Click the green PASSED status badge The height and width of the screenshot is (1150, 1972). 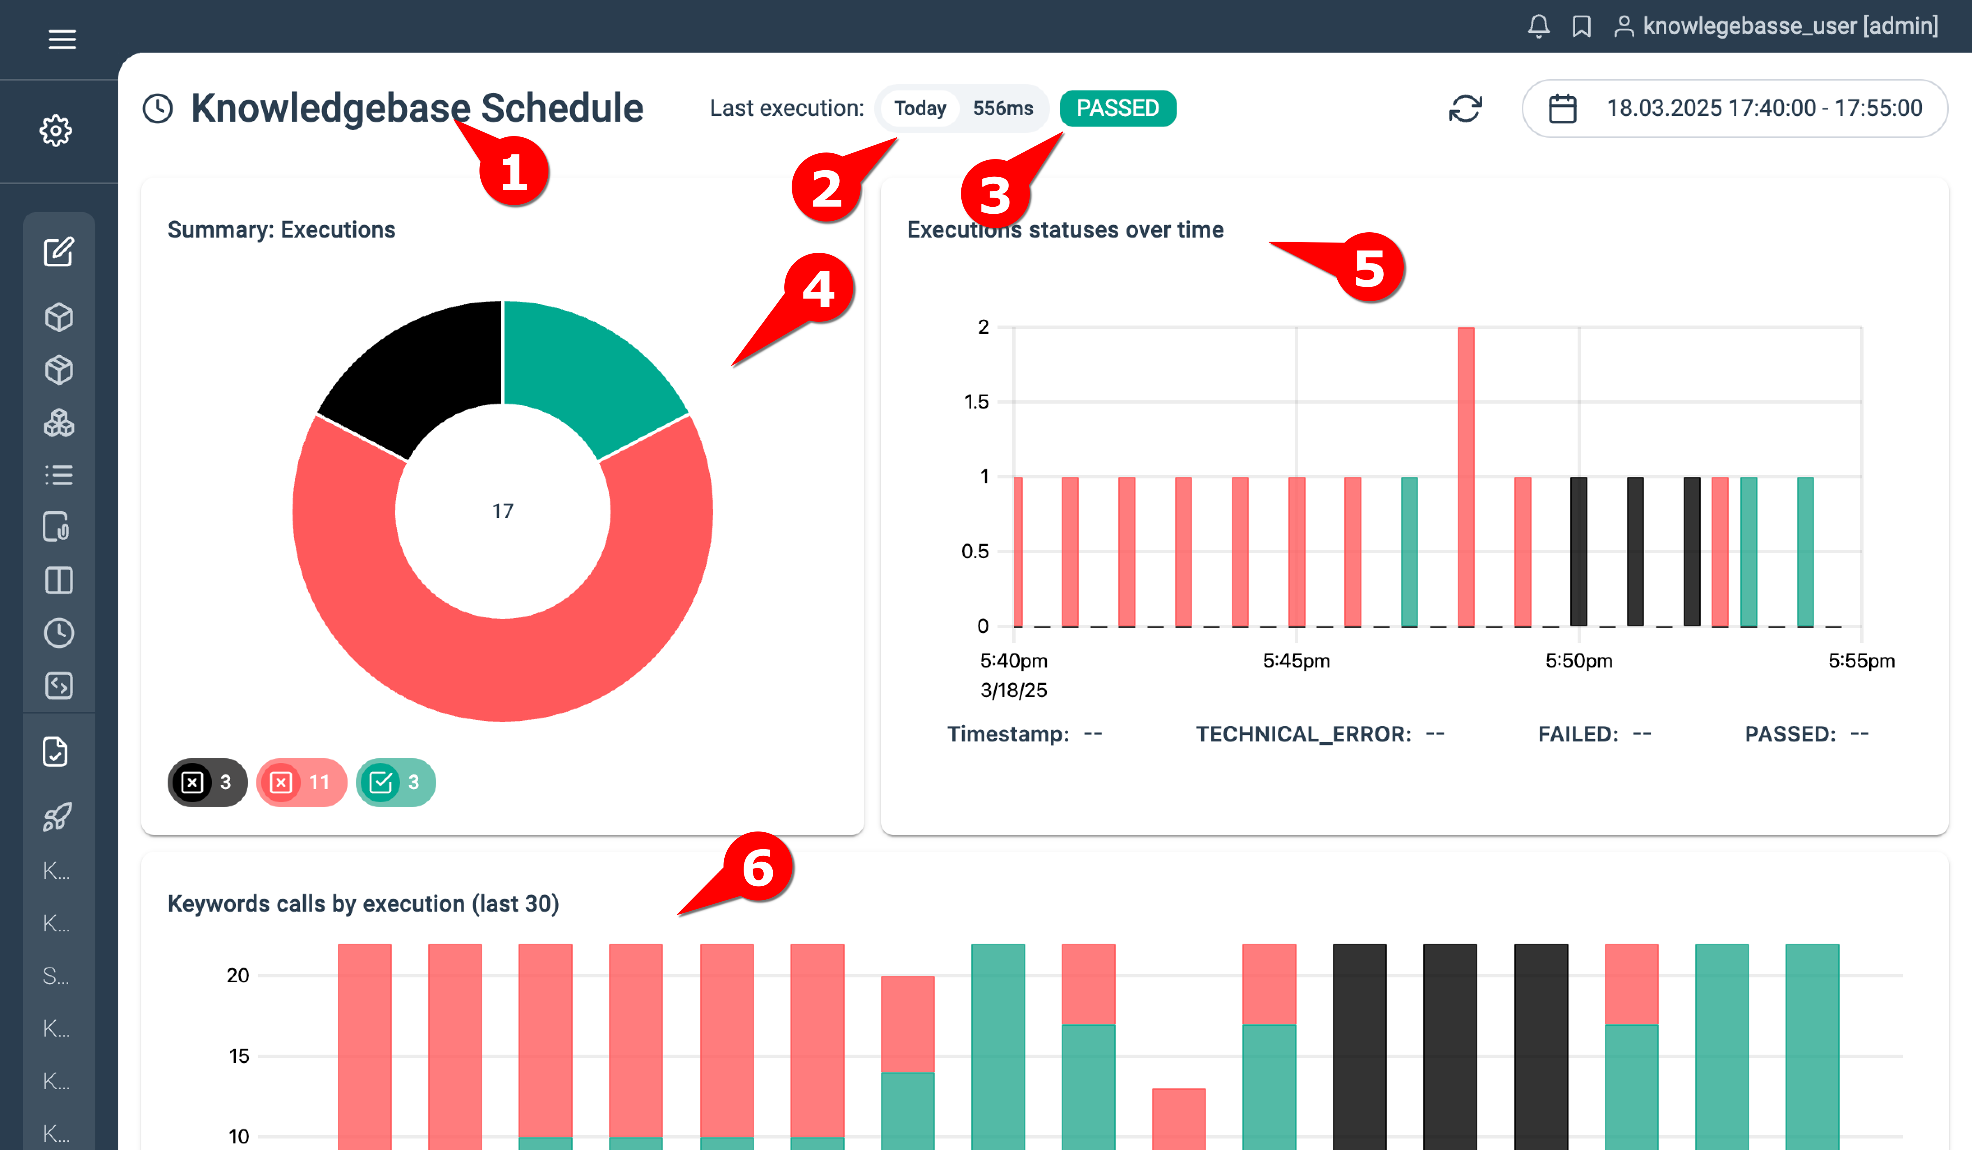1117,108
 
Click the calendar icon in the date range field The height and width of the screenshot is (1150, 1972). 1562,109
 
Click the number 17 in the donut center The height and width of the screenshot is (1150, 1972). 502,511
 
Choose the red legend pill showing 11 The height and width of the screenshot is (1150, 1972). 301,782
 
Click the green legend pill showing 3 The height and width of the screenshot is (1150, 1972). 395,782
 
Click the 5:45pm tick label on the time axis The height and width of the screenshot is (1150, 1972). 1296,661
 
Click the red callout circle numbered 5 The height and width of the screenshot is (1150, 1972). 1369,268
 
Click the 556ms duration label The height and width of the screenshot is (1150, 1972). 1002,108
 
